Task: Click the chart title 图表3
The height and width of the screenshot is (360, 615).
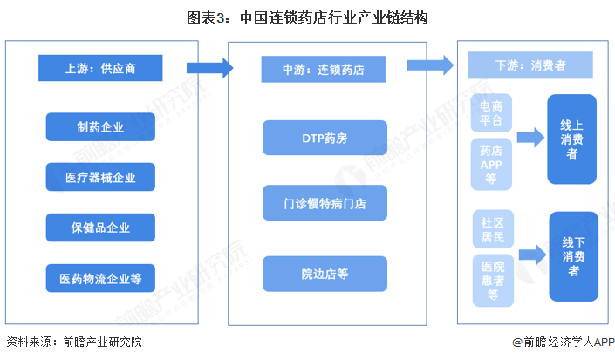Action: tap(307, 17)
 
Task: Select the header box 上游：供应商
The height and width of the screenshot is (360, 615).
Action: tap(100, 67)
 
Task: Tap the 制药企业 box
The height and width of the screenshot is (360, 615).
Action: tap(100, 127)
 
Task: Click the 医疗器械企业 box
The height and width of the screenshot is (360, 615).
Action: tap(100, 178)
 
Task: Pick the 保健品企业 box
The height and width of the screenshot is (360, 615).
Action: tap(100, 228)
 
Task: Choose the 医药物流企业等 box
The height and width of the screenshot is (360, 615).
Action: tap(100, 278)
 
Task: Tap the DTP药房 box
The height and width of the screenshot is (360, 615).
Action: tap(324, 138)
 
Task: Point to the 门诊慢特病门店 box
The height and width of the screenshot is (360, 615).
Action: tap(324, 202)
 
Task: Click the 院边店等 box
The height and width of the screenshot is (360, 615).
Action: tap(324, 274)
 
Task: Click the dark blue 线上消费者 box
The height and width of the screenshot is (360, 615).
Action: tap(571, 139)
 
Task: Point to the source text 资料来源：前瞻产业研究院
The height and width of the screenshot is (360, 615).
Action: tap(73, 343)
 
